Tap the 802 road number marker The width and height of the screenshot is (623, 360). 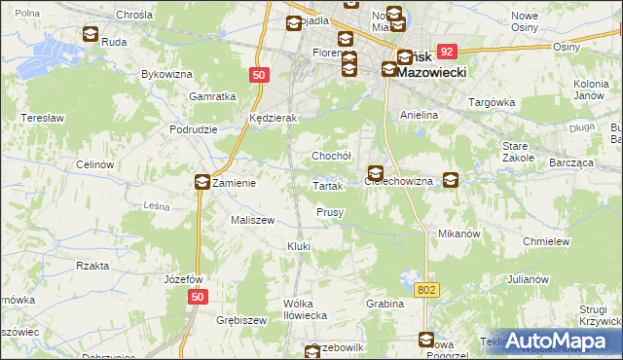click(424, 290)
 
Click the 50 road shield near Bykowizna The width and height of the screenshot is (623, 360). click(259, 74)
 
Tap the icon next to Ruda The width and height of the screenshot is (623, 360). click(91, 35)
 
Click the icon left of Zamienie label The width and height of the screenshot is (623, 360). click(202, 181)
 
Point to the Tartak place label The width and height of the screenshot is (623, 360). click(327, 186)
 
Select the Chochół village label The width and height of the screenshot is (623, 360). click(331, 156)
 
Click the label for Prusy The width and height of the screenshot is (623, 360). click(330, 212)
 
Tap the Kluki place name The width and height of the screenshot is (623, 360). click(299, 246)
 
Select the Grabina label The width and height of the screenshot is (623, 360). click(385, 304)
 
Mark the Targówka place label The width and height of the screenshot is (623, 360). click(492, 102)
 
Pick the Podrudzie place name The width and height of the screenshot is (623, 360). click(192, 129)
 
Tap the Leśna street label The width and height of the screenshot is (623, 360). click(157, 205)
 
